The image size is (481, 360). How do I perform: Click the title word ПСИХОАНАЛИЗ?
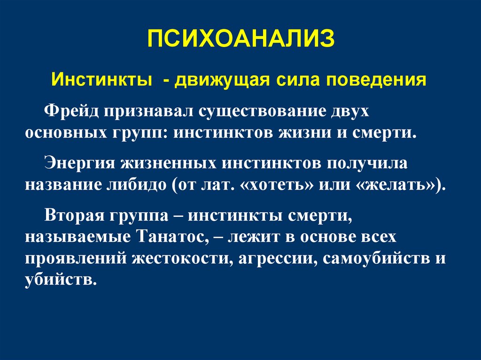(240, 38)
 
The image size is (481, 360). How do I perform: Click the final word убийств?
(61, 280)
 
